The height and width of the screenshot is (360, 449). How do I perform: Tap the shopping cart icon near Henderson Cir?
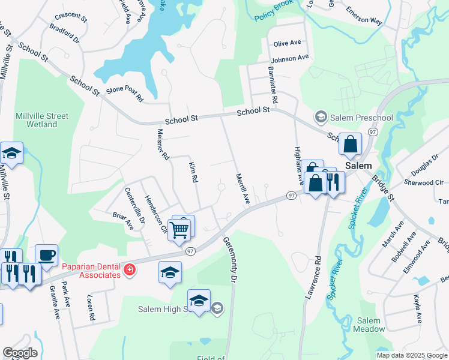(179, 229)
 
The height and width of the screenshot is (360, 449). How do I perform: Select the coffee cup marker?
(46, 254)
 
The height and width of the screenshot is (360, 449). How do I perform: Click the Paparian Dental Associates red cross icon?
(129, 271)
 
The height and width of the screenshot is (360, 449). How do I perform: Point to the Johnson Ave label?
(289, 59)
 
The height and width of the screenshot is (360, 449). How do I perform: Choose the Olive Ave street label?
(287, 44)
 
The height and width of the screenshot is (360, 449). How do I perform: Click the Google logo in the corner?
(20, 352)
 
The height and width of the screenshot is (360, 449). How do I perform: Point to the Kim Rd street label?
(193, 172)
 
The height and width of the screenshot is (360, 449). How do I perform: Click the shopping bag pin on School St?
(350, 144)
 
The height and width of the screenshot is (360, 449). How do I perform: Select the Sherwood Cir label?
(423, 182)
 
